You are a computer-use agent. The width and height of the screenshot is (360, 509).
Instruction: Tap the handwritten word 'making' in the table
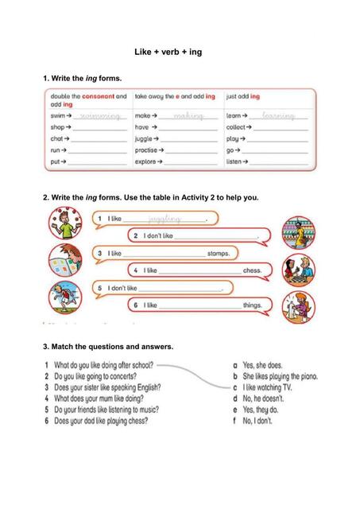coord(188,116)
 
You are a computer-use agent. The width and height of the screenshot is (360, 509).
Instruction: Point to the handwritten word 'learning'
coord(283,116)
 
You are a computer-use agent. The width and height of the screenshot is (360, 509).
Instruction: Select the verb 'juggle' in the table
coord(145,138)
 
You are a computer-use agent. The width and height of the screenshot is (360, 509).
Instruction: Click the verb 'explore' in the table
coord(146,161)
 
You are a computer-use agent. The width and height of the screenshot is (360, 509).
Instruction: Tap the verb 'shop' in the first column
coord(58,127)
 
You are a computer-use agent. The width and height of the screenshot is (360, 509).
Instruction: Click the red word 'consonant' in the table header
coord(99,97)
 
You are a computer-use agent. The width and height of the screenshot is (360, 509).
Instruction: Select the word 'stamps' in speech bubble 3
coord(219,254)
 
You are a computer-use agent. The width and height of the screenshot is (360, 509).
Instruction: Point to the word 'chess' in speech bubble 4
coord(252,271)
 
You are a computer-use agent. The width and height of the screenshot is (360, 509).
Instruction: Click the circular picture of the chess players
coord(299,270)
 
